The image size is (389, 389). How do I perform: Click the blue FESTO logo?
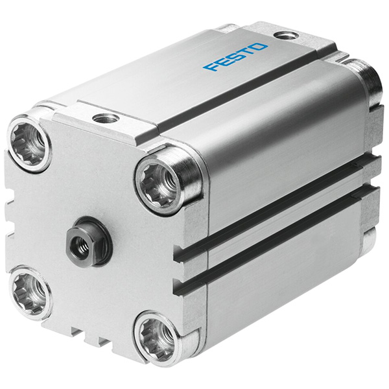tap(235, 57)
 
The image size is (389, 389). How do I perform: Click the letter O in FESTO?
tap(260, 47)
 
